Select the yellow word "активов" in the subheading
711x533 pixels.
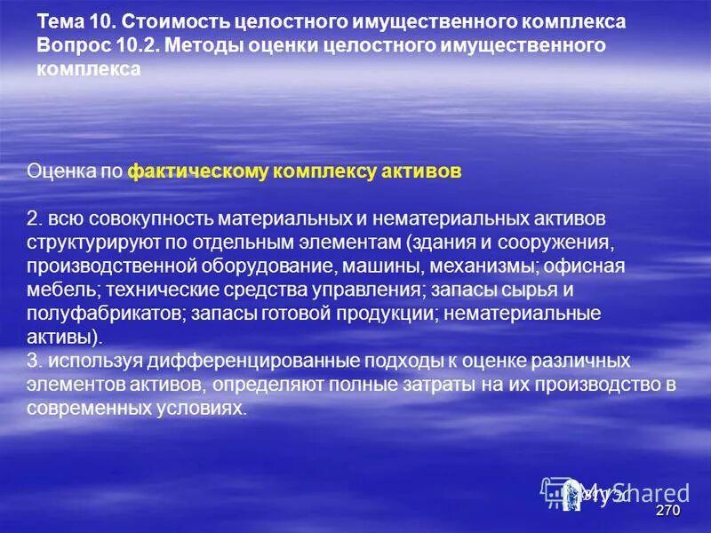(424, 171)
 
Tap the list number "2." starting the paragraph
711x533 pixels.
(34, 219)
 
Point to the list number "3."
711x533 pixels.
(34, 362)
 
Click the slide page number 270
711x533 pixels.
(667, 513)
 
